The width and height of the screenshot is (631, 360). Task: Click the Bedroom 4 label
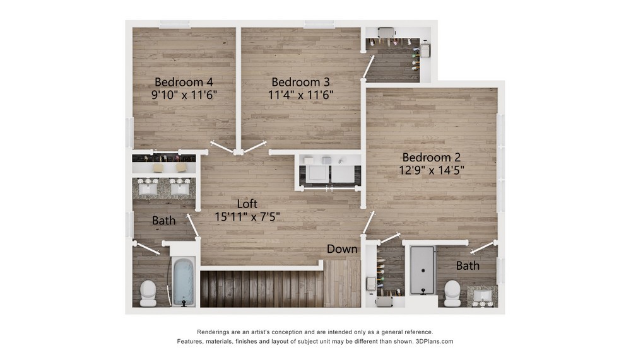[x=184, y=82]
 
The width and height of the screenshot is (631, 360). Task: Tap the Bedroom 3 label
[x=300, y=82]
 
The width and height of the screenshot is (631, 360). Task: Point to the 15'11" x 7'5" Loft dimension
[x=247, y=216]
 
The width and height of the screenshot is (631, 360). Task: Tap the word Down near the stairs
[x=342, y=249]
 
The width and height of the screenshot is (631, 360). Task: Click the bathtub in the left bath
[x=183, y=282]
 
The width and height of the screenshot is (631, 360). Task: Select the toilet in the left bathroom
[x=148, y=293]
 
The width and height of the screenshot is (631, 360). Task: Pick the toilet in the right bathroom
[x=452, y=293]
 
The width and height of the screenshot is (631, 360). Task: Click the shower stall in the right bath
[x=422, y=270]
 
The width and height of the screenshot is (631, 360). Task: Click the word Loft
[x=247, y=204]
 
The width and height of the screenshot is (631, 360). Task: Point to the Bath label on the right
[x=468, y=265]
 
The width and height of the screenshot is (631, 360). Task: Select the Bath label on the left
[x=163, y=221]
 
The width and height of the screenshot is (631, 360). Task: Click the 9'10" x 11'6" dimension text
[x=184, y=95]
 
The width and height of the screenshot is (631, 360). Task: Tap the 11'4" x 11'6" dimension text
[x=300, y=95]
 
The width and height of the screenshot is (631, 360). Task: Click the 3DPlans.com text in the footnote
[x=434, y=341]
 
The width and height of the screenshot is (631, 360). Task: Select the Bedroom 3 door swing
[x=254, y=147]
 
